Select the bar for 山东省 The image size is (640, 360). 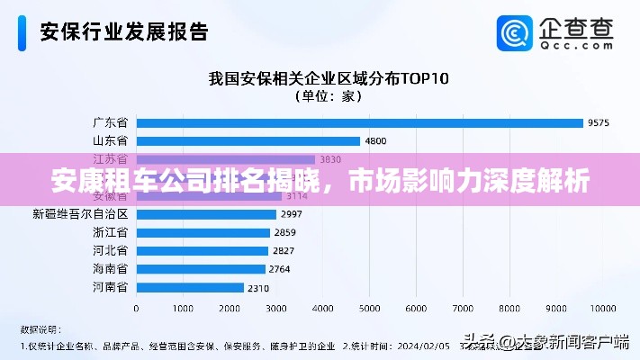(x=247, y=140)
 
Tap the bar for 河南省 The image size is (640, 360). (x=189, y=287)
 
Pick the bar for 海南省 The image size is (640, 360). (x=200, y=269)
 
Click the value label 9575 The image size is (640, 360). (x=599, y=122)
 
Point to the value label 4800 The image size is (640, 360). (x=375, y=140)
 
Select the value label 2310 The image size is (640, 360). (x=257, y=287)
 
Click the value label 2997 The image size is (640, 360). (x=291, y=214)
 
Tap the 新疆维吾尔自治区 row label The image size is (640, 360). (x=80, y=214)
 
